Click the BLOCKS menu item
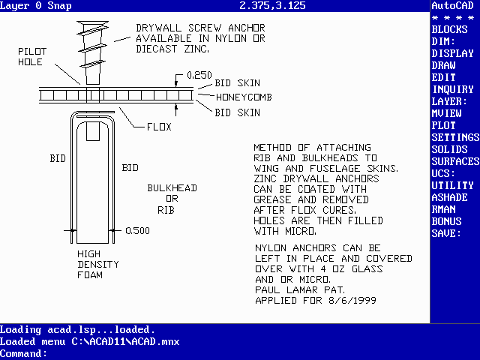point(449,29)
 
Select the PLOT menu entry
point(443,125)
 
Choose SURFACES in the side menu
point(455,161)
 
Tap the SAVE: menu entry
point(446,233)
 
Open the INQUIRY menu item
point(453,89)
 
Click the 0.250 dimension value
point(199,75)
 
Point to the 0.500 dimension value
point(137,230)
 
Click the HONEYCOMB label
point(244,97)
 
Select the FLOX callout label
point(159,127)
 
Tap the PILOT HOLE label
point(32,57)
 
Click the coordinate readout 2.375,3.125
point(272,5)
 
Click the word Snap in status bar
point(59,5)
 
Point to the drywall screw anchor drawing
point(93,52)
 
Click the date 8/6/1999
point(352,300)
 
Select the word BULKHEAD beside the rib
point(172,188)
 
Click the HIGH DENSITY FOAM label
point(98,265)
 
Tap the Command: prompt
point(23,354)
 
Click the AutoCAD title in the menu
point(452,5)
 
